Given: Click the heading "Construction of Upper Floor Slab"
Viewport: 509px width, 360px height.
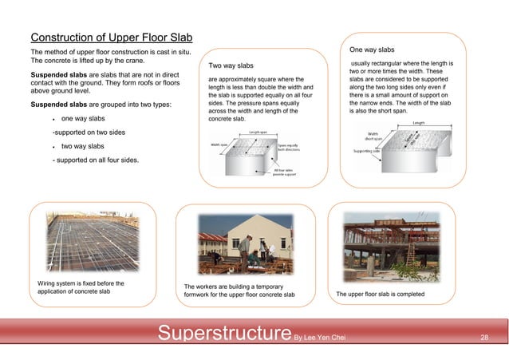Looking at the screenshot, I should coord(111,38).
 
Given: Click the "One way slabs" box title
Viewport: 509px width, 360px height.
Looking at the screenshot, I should coord(372,49).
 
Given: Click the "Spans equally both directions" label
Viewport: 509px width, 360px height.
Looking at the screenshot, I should coord(289,147).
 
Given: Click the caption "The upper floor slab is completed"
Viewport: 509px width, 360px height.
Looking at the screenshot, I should coord(381,295).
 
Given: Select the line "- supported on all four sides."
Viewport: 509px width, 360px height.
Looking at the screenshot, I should coord(94,160).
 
